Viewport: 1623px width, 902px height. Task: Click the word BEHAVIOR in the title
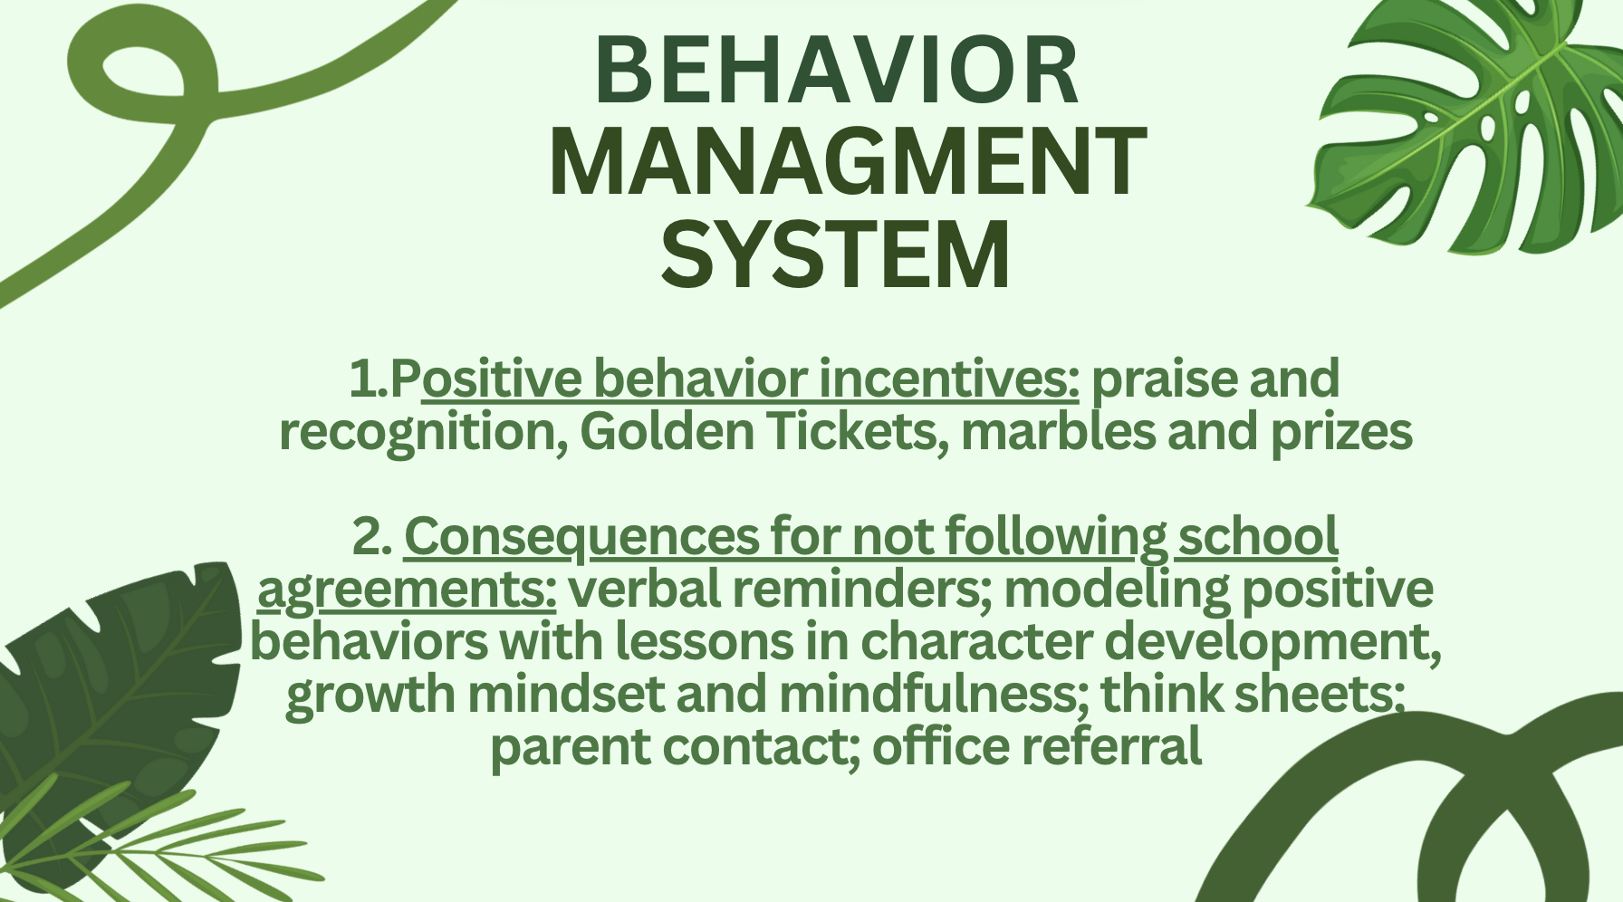[836, 71]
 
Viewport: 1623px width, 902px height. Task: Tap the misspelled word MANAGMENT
[848, 161]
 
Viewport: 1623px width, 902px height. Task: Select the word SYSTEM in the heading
[835, 254]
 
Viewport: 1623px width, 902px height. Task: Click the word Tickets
[859, 432]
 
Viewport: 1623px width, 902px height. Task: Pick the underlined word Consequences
[581, 538]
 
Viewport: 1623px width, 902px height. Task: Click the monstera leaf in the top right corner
[1467, 127]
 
